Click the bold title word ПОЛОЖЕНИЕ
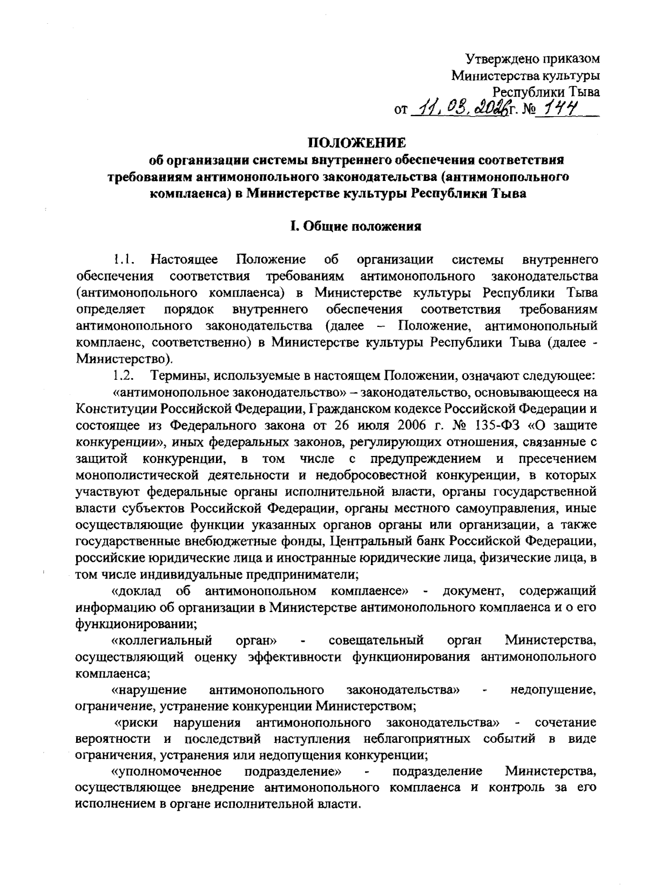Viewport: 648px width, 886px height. click(x=356, y=143)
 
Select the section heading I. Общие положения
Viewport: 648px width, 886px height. click(x=356, y=227)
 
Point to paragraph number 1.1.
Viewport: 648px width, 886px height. click(x=124, y=260)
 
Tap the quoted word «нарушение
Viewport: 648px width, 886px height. click(x=149, y=690)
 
